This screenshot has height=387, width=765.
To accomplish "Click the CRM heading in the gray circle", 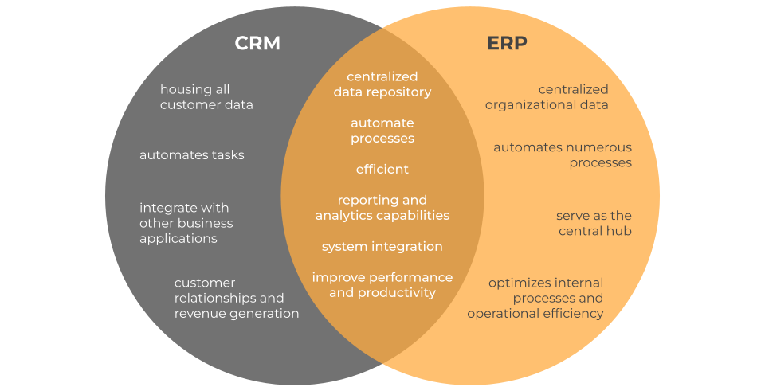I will tap(257, 43).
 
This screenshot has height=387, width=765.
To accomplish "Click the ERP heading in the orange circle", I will tap(508, 43).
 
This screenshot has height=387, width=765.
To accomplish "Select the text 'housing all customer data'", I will tap(206, 97).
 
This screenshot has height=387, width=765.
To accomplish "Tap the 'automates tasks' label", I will tap(192, 154).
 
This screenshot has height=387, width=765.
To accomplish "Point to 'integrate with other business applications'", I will tap(186, 223).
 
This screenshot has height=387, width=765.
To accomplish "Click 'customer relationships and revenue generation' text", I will tap(236, 298).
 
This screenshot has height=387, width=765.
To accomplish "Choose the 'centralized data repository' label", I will tap(382, 84).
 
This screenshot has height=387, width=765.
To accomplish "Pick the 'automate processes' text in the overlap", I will tap(382, 131).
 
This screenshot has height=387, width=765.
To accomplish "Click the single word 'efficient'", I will tap(382, 169).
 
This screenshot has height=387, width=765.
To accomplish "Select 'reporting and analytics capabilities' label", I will tap(382, 208).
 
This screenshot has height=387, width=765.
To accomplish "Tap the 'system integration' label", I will tap(382, 247).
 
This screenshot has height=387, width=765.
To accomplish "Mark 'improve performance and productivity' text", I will tap(382, 285).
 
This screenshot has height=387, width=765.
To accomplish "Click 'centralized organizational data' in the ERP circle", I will tap(547, 97).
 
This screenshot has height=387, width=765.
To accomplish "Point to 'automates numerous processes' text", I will tap(563, 154).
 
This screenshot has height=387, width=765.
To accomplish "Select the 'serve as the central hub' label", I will tap(594, 223).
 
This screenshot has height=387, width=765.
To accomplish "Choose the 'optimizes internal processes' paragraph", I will tap(535, 298).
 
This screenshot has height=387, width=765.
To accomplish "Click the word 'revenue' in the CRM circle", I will tap(198, 314).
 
